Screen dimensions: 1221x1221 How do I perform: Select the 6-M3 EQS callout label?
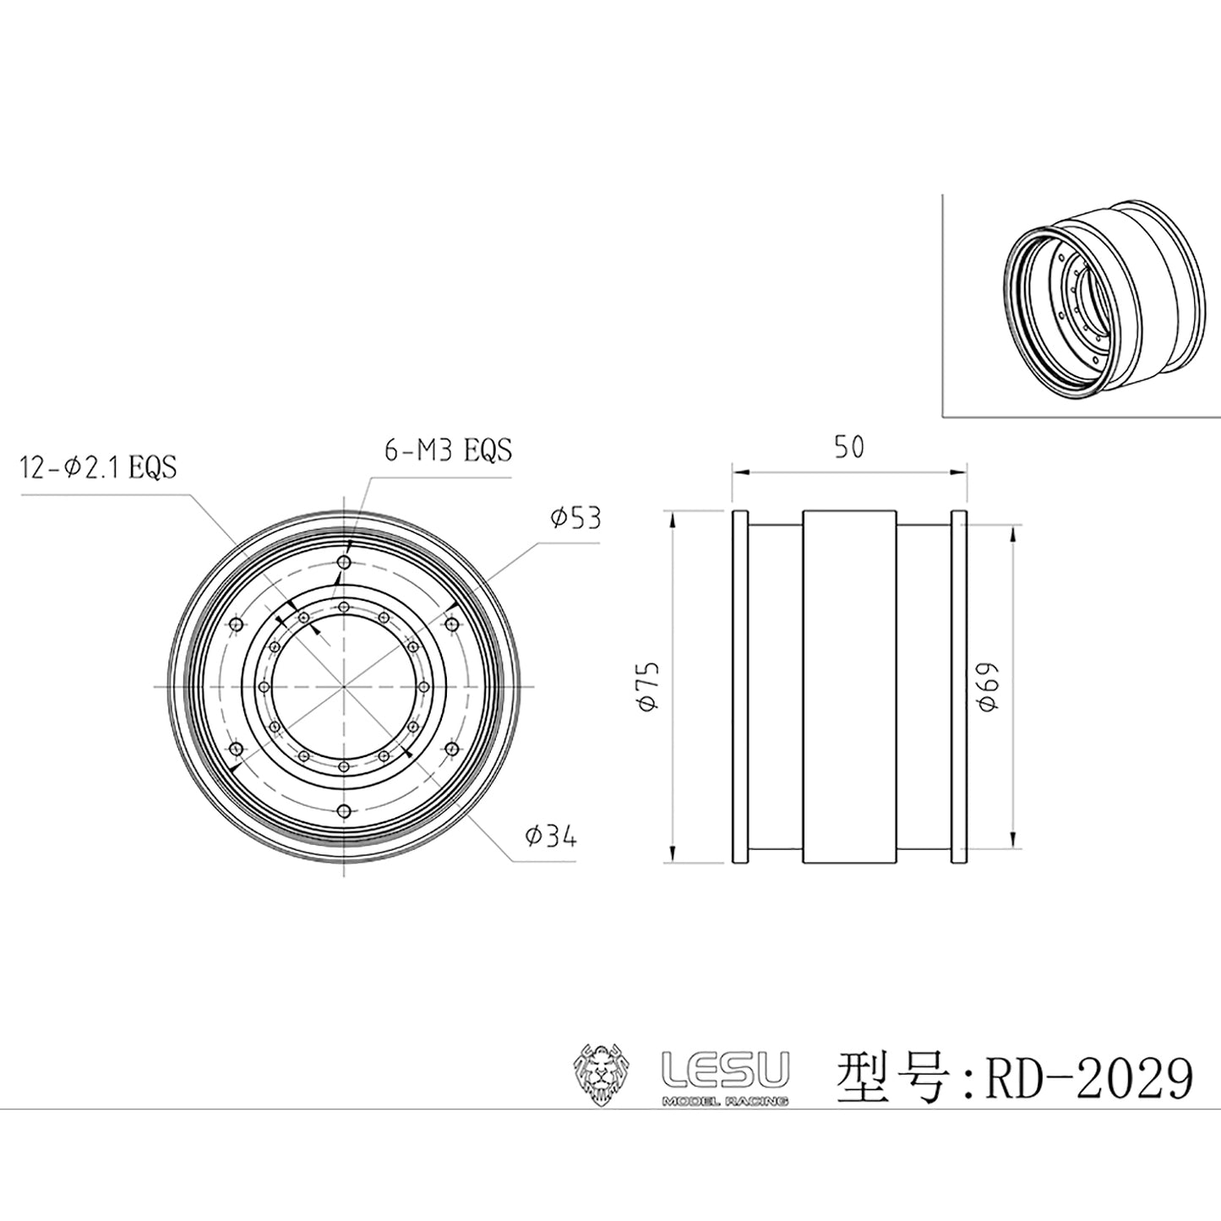448,450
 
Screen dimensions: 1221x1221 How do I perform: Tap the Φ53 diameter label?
575,518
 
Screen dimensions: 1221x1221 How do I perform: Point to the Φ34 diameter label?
551,837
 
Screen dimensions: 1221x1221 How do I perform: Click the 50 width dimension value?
849,448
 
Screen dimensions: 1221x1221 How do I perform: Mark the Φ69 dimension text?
988,687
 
